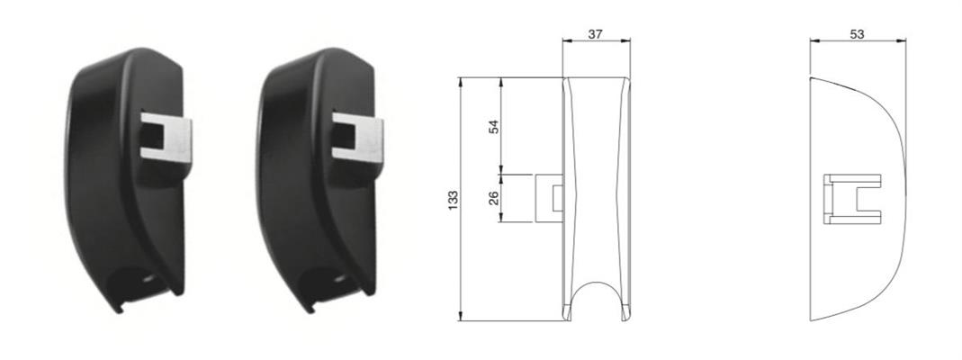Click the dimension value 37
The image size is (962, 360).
(595, 34)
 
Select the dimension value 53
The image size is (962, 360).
(857, 34)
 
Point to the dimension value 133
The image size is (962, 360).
(454, 201)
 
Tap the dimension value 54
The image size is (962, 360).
(494, 126)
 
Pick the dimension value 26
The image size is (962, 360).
(494, 198)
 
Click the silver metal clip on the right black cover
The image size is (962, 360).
(357, 138)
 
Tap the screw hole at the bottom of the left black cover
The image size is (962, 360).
(148, 278)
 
